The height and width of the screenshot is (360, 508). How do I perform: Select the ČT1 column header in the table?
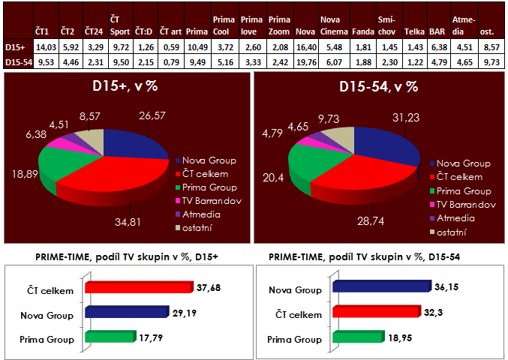(x=43, y=32)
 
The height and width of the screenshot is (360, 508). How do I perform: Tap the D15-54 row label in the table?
(x=17, y=60)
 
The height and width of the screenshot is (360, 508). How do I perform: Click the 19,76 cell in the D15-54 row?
(x=305, y=60)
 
